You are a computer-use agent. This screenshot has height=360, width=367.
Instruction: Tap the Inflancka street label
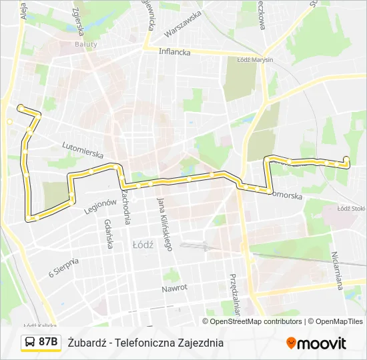(x=174, y=51)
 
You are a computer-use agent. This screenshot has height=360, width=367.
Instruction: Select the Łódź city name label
(x=143, y=244)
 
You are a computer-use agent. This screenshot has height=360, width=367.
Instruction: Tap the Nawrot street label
(x=174, y=288)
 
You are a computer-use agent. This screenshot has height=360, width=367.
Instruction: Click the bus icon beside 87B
(x=30, y=343)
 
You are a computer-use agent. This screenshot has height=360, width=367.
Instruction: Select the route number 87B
(x=47, y=343)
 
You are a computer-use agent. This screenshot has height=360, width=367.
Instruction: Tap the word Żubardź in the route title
(x=87, y=343)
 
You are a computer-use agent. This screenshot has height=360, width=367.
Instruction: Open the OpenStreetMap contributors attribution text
(x=256, y=321)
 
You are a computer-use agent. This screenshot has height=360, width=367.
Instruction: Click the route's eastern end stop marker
(x=346, y=159)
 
